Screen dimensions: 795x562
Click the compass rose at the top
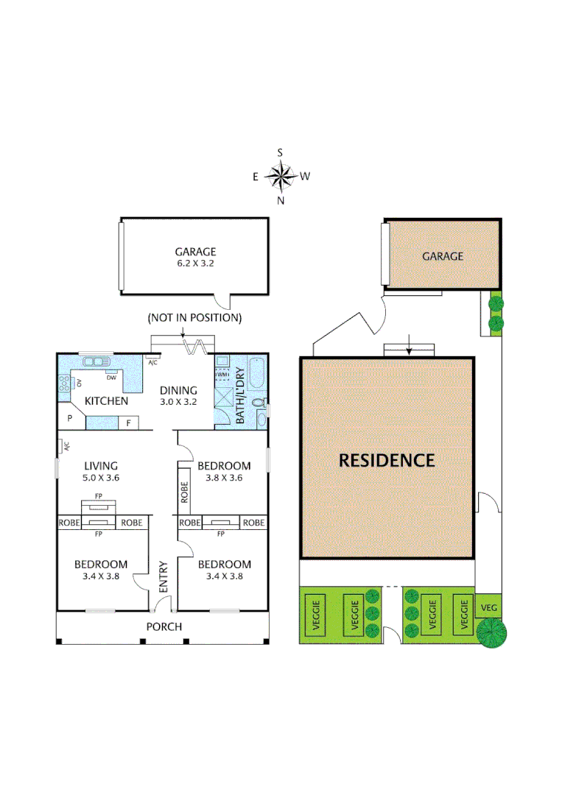coord(281,177)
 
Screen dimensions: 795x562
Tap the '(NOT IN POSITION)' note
coord(194,318)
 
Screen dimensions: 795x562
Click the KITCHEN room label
coord(106,401)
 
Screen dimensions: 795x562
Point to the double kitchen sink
coord(96,361)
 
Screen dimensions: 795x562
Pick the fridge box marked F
coord(129,423)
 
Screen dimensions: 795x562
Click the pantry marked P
coord(71,418)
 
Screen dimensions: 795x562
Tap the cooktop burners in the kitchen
coord(64,382)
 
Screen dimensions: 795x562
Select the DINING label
coord(178,390)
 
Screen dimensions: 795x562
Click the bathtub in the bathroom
coord(259,373)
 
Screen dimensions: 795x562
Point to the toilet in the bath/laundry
coord(260,403)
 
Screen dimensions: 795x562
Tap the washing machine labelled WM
coord(222,375)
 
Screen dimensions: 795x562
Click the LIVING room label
coord(101,465)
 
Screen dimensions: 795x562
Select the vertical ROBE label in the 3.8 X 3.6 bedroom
coord(185,491)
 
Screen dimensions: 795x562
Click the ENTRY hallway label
coord(164,578)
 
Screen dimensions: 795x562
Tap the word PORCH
coord(164,626)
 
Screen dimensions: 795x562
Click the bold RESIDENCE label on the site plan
coord(387,461)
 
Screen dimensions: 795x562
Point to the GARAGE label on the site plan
coord(443,256)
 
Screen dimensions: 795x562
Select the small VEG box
coord(488,607)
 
